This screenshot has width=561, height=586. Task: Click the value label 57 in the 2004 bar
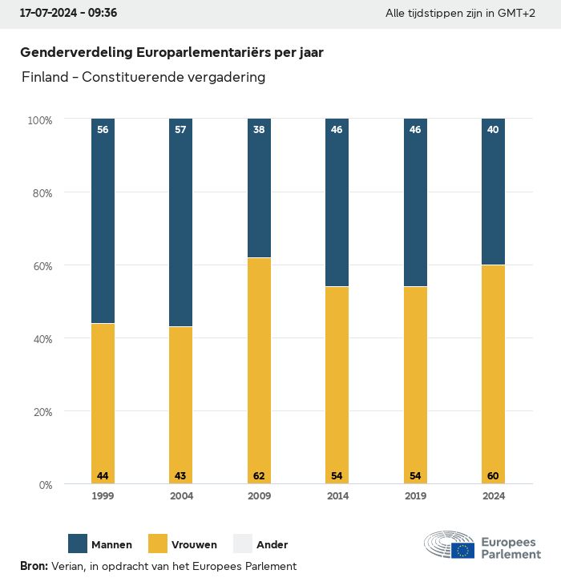click(180, 129)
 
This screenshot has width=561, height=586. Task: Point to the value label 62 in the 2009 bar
click(259, 476)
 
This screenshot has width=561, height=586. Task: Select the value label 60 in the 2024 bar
click(493, 476)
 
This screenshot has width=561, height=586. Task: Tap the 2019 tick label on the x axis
click(415, 496)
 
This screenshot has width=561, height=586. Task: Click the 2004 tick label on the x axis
click(181, 496)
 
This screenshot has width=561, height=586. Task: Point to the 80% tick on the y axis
click(40, 192)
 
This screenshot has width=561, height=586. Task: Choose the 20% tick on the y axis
click(40, 412)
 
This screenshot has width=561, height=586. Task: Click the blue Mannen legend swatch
click(78, 544)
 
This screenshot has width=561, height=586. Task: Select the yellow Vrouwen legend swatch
click(159, 544)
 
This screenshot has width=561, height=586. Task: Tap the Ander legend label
click(272, 545)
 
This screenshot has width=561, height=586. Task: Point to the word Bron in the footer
click(34, 566)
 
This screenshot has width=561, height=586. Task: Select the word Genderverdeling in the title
click(76, 52)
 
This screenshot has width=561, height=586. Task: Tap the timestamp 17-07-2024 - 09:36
click(68, 14)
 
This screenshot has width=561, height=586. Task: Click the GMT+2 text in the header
click(517, 14)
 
